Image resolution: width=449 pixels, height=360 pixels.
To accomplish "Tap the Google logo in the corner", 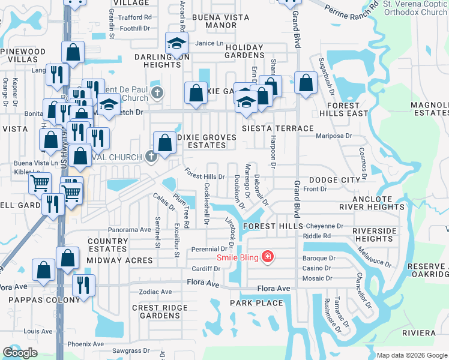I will pos(20,353).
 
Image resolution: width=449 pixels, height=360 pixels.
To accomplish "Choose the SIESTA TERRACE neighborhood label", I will pos(277,128).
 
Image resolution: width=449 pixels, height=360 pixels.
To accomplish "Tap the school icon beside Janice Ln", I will pos(177,44).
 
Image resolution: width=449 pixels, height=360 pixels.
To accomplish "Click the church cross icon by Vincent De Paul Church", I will pos(157,92).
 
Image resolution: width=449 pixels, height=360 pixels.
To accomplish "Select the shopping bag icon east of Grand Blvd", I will pos(306,83).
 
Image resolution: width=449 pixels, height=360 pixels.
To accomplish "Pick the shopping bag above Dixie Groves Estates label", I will pos(164,143).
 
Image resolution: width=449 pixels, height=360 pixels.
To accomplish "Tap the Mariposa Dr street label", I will pos(334,136).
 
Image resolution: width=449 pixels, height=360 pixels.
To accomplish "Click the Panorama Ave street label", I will pos(129,230).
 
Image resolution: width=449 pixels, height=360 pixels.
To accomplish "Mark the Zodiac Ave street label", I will pos(155,292).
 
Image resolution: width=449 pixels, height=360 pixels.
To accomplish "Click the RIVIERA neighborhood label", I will pos(419,333).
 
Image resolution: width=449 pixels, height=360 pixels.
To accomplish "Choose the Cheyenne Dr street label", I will pos(324,226).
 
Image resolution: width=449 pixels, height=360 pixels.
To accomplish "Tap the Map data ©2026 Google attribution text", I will pos(412,355).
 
